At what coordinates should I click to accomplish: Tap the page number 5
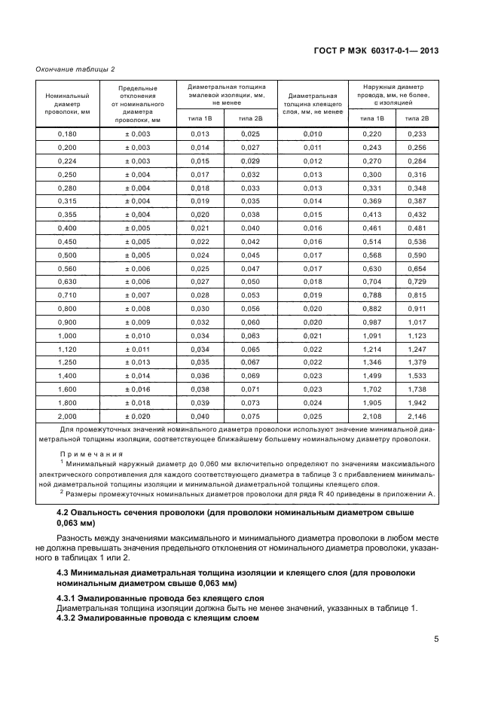coord(436,639)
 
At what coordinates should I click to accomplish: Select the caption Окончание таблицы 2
coord(75,69)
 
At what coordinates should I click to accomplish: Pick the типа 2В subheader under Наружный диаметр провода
coord(417,118)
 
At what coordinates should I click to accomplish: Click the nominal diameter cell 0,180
coord(68,133)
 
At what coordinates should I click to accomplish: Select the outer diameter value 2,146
coord(417,416)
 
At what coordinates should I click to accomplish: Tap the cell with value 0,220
coord(372,133)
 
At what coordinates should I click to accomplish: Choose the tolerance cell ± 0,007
coord(138,295)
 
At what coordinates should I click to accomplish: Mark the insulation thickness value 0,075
coord(250,416)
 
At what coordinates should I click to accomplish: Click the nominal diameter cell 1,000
coord(68,335)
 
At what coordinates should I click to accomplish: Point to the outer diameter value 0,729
coord(417,282)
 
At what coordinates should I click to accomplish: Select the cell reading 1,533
coord(417,375)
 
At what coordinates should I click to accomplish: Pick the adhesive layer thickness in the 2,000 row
coord(312,416)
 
